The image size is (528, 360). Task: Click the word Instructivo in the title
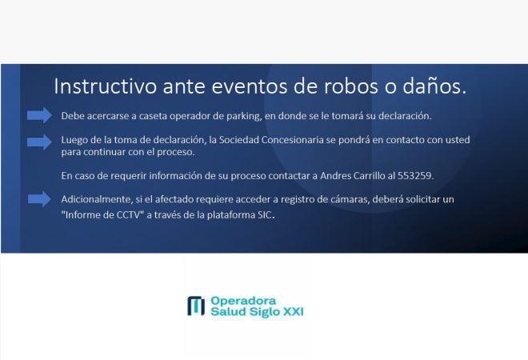106,86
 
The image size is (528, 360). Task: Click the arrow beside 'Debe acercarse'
39,115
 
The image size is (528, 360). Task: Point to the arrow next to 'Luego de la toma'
39,142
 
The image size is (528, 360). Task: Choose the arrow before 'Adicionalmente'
39,199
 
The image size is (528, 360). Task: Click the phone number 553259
415,176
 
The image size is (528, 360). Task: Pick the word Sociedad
238,140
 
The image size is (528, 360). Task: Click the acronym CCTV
128,215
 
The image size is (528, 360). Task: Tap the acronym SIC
265,215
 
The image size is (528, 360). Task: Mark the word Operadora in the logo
243,301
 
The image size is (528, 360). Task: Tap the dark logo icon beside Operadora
196,306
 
